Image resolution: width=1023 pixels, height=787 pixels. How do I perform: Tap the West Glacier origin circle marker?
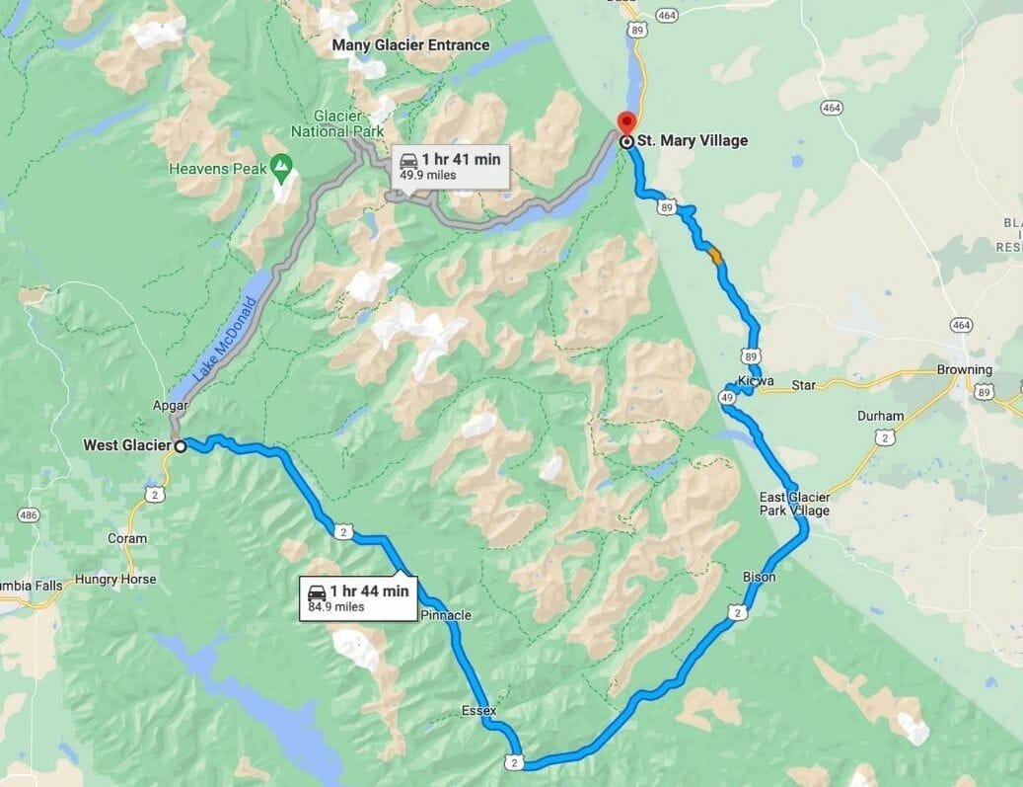pyautogui.click(x=181, y=446)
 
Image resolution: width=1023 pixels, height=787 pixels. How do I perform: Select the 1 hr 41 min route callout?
pyautogui.click(x=450, y=166)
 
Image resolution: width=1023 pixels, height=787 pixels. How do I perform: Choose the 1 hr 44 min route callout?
pyautogui.click(x=358, y=597)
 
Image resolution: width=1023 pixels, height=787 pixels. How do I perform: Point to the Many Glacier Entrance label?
pyautogui.click(x=410, y=45)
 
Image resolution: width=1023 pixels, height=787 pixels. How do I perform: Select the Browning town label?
pyautogui.click(x=964, y=370)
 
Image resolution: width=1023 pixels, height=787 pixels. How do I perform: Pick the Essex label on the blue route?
pyautogui.click(x=477, y=710)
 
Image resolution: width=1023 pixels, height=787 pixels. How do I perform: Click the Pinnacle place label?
pyautogui.click(x=446, y=615)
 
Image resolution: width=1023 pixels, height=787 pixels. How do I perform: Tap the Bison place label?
pyautogui.click(x=759, y=577)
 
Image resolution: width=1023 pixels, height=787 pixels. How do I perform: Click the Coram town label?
pyautogui.click(x=127, y=539)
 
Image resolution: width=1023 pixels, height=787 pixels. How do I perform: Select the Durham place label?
pyautogui.click(x=880, y=417)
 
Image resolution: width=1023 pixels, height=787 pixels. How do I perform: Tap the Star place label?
pyautogui.click(x=804, y=384)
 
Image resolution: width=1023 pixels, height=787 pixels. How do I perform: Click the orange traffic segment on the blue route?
pyautogui.click(x=715, y=256)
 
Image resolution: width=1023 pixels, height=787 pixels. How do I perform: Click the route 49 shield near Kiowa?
pyautogui.click(x=727, y=397)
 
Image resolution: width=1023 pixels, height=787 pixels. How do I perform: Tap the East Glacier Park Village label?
pyautogui.click(x=794, y=504)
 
